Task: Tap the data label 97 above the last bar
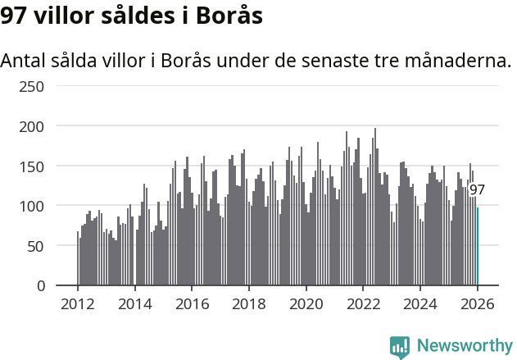click(x=477, y=190)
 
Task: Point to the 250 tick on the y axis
click(x=30, y=87)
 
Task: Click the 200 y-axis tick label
click(x=30, y=126)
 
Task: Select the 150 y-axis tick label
click(x=30, y=166)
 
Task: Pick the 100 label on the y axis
click(x=30, y=206)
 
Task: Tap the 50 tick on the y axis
click(x=34, y=246)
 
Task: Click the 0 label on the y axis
click(x=39, y=285)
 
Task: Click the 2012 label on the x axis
click(x=78, y=305)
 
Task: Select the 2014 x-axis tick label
click(x=135, y=305)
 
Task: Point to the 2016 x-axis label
click(x=192, y=305)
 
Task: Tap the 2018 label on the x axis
click(x=249, y=305)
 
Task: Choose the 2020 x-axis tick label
click(x=306, y=305)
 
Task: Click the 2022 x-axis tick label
click(x=363, y=305)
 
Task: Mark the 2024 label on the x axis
click(x=420, y=305)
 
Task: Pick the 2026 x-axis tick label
click(x=477, y=305)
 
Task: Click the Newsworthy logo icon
click(x=400, y=347)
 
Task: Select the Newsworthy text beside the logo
click(x=464, y=346)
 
